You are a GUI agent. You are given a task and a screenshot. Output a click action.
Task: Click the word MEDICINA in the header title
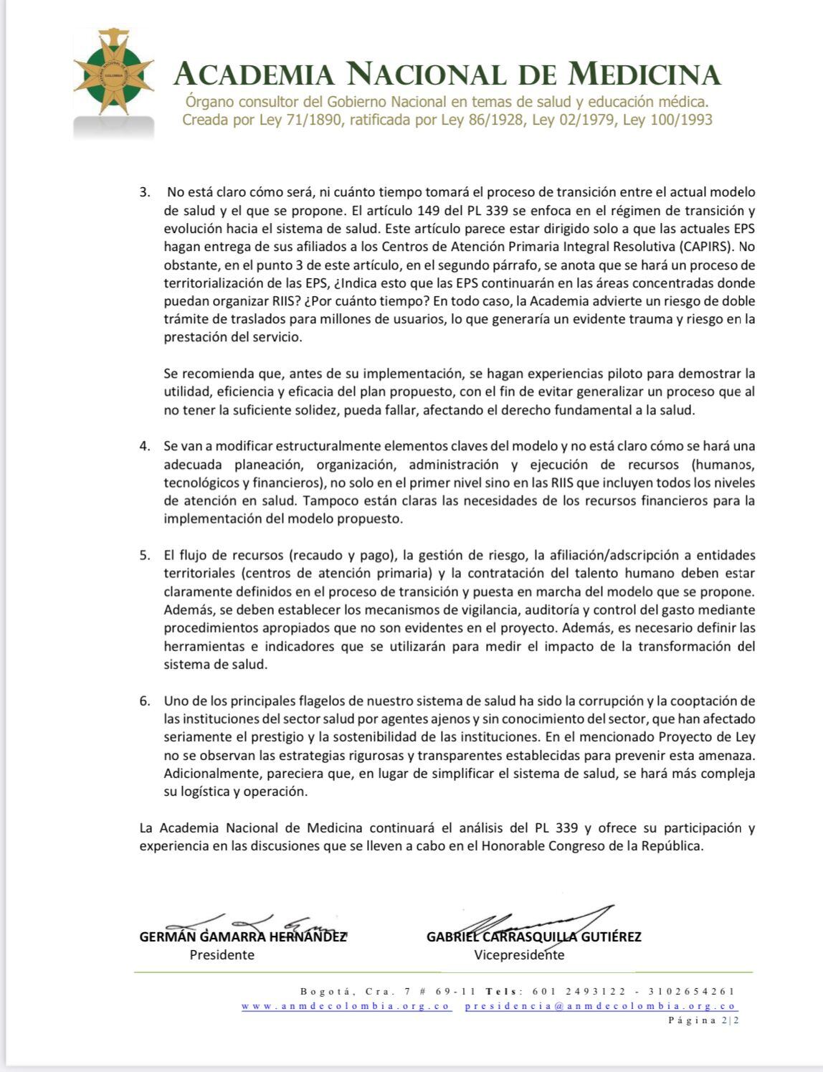point(644,74)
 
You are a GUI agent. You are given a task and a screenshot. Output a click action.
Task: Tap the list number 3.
point(145,192)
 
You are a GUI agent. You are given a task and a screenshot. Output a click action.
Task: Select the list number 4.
point(145,446)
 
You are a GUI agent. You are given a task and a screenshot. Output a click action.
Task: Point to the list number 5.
point(145,555)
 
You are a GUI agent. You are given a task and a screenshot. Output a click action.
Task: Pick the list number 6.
point(145,701)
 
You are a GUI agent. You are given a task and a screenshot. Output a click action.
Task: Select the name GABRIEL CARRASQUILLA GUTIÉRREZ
point(533,936)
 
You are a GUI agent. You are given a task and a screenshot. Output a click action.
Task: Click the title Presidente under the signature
point(222,955)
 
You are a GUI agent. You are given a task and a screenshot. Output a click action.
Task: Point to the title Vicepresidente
point(519,955)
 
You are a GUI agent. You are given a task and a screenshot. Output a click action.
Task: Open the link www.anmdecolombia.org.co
point(346,1006)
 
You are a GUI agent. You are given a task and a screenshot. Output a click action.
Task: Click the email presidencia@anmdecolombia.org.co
point(601,1006)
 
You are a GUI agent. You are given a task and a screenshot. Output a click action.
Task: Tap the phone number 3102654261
point(691,992)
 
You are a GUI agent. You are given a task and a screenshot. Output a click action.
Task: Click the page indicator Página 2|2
point(703,1020)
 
